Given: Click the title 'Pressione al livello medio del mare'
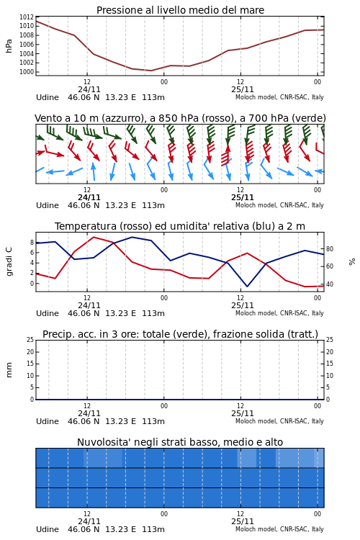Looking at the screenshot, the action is (180, 10).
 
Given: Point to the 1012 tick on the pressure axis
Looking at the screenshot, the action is (27, 17).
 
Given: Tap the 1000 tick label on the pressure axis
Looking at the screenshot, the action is (27, 72).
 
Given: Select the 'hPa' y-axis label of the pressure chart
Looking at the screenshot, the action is (9, 46).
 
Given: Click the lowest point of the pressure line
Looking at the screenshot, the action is (151, 71).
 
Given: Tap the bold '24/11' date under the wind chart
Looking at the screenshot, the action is (89, 198).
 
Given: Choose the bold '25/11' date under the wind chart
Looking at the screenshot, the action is (243, 198).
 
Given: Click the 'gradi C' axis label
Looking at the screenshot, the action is (9, 261).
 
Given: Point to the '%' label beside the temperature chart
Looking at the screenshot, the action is (352, 262).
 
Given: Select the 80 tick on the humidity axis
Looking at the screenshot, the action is (330, 248).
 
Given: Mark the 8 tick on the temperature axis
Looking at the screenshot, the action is (32, 243).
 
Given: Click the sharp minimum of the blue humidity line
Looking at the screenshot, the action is (247, 286).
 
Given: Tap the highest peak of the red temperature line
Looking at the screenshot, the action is (94, 237).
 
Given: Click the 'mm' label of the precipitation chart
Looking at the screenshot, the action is (9, 370).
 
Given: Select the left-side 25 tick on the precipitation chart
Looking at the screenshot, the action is (30, 340).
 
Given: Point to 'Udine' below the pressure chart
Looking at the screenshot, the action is (48, 97).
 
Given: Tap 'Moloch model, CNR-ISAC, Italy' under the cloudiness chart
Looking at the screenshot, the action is (279, 529).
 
